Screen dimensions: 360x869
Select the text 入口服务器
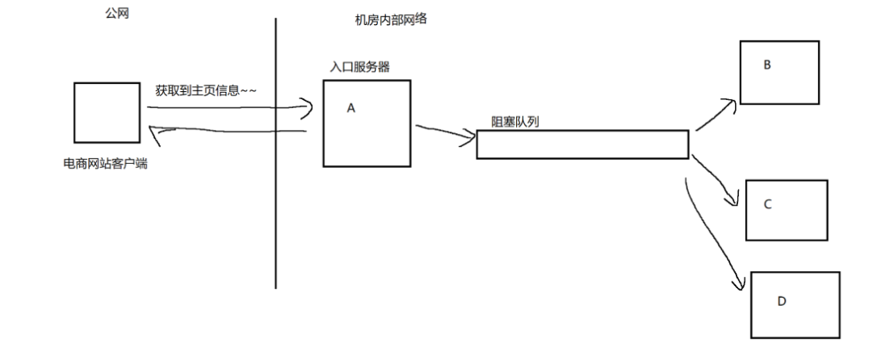360,67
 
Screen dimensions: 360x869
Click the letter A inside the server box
351,107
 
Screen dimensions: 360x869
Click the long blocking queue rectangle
581,144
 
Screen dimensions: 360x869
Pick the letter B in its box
766,65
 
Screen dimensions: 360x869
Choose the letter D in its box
781,301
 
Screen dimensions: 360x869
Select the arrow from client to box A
226,105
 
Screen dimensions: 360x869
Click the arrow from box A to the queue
444,133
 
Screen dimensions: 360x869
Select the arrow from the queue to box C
719,182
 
